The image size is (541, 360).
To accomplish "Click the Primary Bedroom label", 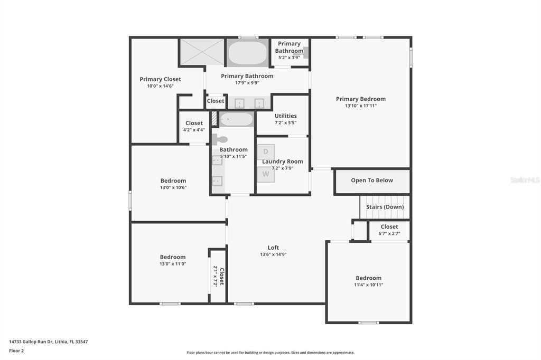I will (x=361, y=99).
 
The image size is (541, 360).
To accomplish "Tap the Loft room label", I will (x=273, y=248).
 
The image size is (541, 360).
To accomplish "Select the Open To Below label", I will (x=372, y=181).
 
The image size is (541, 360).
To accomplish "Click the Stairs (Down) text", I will (x=385, y=207).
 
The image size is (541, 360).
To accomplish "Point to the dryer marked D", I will (x=266, y=151).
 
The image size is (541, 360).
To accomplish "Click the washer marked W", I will (x=266, y=174).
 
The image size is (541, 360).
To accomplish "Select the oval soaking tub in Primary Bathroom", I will (x=247, y=53).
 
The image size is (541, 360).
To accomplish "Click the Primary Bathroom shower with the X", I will (x=202, y=52).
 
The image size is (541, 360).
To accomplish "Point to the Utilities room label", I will (x=285, y=116).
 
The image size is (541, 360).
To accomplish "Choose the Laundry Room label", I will (x=283, y=162).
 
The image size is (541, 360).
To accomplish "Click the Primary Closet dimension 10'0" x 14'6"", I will (x=160, y=86).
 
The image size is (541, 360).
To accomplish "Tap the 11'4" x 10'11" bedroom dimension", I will (x=368, y=285).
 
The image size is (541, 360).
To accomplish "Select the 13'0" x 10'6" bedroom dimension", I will (x=173, y=187).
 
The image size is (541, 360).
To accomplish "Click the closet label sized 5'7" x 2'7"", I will (x=389, y=227).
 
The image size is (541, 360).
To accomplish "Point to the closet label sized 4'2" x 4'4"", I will (x=194, y=124).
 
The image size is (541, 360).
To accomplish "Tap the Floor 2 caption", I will (x=16, y=350).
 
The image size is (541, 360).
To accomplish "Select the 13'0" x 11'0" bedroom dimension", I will (x=173, y=264).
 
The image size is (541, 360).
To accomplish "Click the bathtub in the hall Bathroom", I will (x=237, y=119).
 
